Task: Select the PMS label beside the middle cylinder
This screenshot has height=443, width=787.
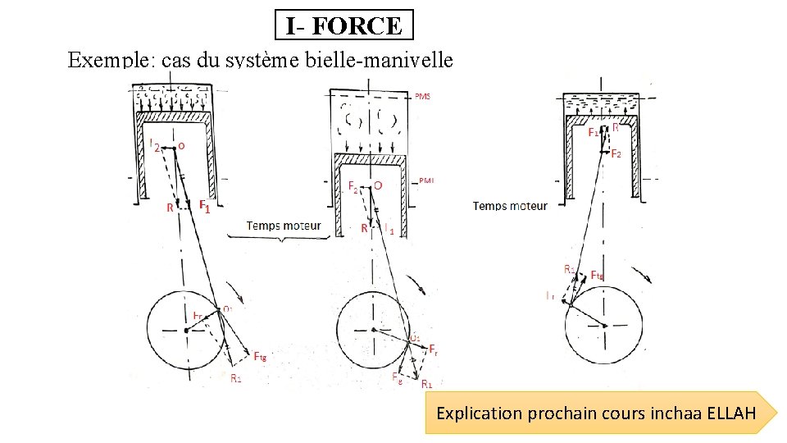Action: pos(422,97)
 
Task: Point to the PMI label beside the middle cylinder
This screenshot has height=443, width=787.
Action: pos(426,180)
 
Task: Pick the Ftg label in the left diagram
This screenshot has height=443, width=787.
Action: pos(260,356)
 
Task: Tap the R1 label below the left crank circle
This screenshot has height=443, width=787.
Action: pos(236,378)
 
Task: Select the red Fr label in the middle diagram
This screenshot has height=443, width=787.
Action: pos(434,349)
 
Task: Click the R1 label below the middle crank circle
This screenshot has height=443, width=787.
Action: pos(426,383)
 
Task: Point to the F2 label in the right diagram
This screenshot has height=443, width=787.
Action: pos(616,154)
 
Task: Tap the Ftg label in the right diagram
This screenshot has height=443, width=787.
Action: pos(598,276)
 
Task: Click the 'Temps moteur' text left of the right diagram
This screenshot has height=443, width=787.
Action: pos(510,206)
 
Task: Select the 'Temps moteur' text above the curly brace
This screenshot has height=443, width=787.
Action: pos(284,225)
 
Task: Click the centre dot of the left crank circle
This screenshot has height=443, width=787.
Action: pos(187,330)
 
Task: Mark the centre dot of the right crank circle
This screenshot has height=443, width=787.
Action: pos(605,326)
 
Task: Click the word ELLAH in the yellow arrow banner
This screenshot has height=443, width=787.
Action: pos(730,413)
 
